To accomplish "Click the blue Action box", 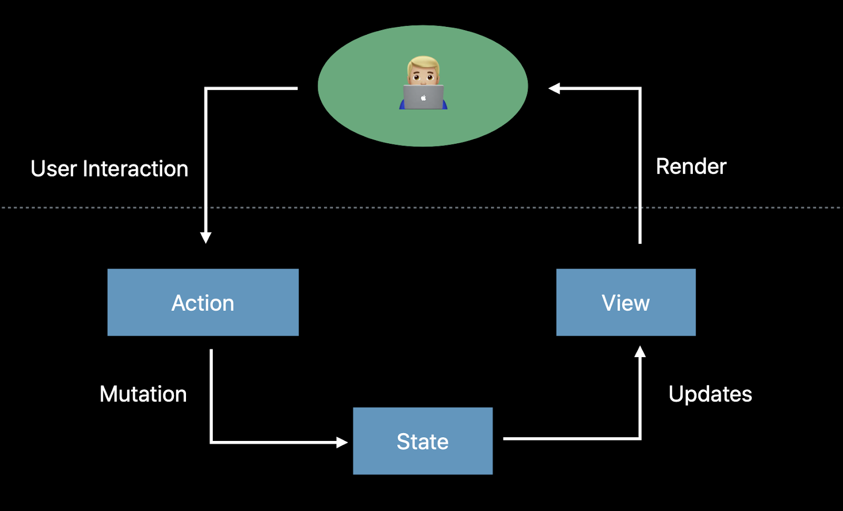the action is (x=203, y=302).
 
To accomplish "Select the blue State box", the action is (x=423, y=441).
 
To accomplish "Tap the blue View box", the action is (x=626, y=302).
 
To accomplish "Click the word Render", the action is (x=691, y=166).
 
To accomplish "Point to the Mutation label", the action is (x=143, y=394).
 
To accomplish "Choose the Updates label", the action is (x=710, y=395).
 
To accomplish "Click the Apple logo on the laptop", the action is (x=424, y=98).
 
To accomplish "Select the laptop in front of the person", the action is (x=424, y=97).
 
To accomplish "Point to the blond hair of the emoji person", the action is (x=424, y=63).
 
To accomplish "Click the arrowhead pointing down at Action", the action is (x=205, y=238).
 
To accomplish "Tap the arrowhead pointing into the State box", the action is (x=342, y=443).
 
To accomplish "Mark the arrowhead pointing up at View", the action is (x=640, y=351).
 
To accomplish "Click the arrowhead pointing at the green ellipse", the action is (x=554, y=89).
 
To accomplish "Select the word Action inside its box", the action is (x=203, y=302).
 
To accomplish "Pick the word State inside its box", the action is (x=423, y=441).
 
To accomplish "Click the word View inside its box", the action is (x=625, y=302).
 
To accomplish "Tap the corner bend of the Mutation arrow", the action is (x=211, y=443).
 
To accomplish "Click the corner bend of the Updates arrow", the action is (x=640, y=438).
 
